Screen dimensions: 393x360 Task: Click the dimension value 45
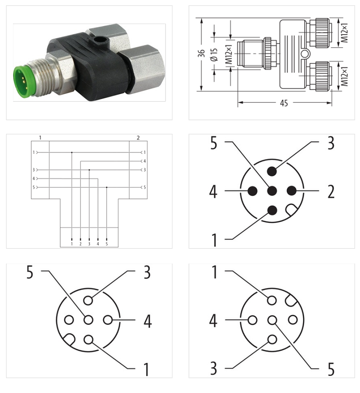[x=284, y=103]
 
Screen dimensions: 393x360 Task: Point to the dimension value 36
[x=201, y=54]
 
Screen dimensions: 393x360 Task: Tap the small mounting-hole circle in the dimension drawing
[x=306, y=54]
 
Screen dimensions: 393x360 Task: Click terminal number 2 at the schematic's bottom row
[x=81, y=244]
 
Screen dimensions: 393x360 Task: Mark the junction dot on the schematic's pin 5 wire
[x=107, y=187]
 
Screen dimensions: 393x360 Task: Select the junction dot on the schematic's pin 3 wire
[x=89, y=170]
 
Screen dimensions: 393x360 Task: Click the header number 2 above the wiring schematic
[x=138, y=137]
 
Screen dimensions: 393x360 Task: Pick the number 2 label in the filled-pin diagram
[x=331, y=192]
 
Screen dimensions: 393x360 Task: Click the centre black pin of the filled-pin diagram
[x=272, y=191]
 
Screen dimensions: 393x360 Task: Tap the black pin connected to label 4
[x=252, y=191]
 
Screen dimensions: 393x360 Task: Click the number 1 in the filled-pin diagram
[x=214, y=240]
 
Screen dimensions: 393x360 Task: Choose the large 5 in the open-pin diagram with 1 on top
[x=331, y=369]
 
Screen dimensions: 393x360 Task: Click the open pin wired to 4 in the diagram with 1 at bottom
[x=108, y=320]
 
